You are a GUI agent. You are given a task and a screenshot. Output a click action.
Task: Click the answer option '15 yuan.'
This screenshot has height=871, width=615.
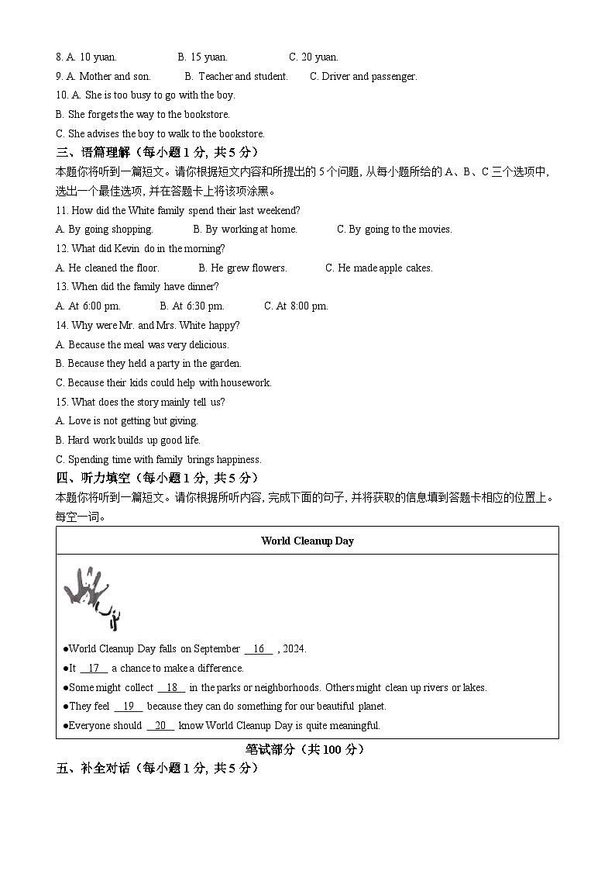(x=203, y=57)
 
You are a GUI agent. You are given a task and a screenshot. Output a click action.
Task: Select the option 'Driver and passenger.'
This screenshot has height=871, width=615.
(x=363, y=76)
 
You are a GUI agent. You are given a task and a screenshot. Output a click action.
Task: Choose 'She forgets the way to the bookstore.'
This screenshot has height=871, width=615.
(x=143, y=114)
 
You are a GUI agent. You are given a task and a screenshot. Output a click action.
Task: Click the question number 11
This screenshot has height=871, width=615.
(x=62, y=210)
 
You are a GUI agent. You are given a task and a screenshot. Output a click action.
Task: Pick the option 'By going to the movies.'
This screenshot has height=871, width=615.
(x=394, y=229)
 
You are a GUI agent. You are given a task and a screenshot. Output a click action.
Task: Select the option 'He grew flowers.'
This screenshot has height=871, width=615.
(x=242, y=268)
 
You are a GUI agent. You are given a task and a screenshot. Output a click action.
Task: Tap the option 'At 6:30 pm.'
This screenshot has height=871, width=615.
(x=192, y=306)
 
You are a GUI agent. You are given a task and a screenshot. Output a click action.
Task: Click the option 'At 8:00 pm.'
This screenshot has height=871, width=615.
(x=296, y=306)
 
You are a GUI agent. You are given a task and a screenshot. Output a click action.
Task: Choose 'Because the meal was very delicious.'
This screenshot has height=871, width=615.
(x=143, y=344)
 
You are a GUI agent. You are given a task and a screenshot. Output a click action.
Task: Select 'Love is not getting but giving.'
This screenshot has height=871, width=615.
(x=127, y=420)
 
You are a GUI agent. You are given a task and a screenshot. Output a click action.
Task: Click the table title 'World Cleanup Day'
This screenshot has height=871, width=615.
(x=307, y=541)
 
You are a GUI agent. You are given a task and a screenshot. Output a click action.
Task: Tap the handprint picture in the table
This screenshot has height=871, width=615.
(x=92, y=598)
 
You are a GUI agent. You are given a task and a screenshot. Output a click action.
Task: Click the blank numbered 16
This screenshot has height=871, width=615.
(x=259, y=648)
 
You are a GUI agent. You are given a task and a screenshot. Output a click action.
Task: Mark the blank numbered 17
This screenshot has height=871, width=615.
(x=94, y=668)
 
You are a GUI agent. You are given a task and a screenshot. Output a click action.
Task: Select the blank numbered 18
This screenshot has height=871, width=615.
(x=172, y=687)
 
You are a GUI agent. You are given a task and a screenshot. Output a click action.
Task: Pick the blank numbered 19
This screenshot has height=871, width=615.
(x=129, y=706)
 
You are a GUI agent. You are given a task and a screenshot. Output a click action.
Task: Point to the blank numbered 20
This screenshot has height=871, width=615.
(x=160, y=725)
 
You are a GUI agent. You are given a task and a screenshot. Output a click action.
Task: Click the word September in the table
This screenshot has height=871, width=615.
(x=217, y=648)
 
